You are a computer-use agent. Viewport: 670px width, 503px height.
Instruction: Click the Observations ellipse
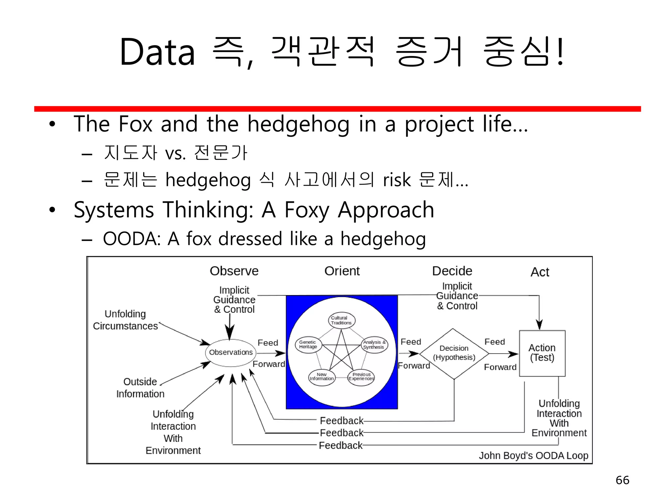click(231, 353)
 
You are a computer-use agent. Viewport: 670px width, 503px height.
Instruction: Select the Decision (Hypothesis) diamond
click(454, 353)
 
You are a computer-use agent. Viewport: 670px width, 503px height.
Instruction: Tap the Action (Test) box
click(542, 353)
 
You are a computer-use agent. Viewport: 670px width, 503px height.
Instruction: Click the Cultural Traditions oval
click(341, 320)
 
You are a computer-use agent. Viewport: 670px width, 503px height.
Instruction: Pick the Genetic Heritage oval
click(308, 345)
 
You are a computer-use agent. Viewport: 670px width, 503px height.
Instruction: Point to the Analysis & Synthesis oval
click(374, 345)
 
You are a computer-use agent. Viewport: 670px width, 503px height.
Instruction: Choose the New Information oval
click(322, 377)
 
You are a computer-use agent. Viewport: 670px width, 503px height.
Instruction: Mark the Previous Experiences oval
click(361, 377)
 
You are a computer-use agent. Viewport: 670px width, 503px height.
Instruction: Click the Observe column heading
click(234, 271)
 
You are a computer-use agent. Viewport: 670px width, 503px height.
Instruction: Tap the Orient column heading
click(342, 271)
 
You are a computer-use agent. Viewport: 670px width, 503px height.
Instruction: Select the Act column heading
click(539, 272)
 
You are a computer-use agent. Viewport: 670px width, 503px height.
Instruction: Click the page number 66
click(622, 480)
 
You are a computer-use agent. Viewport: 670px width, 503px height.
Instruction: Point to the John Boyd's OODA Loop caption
click(533, 456)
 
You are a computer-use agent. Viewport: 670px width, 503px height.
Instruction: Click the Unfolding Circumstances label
click(125, 320)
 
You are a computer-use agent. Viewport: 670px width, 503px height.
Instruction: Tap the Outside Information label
click(140, 388)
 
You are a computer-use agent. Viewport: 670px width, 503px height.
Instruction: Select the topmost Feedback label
click(342, 420)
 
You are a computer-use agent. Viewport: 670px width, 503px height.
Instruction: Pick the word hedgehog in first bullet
click(298, 125)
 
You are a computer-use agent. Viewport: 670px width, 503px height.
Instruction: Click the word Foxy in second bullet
click(307, 210)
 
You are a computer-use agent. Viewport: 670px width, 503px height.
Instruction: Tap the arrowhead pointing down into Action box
click(539, 325)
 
